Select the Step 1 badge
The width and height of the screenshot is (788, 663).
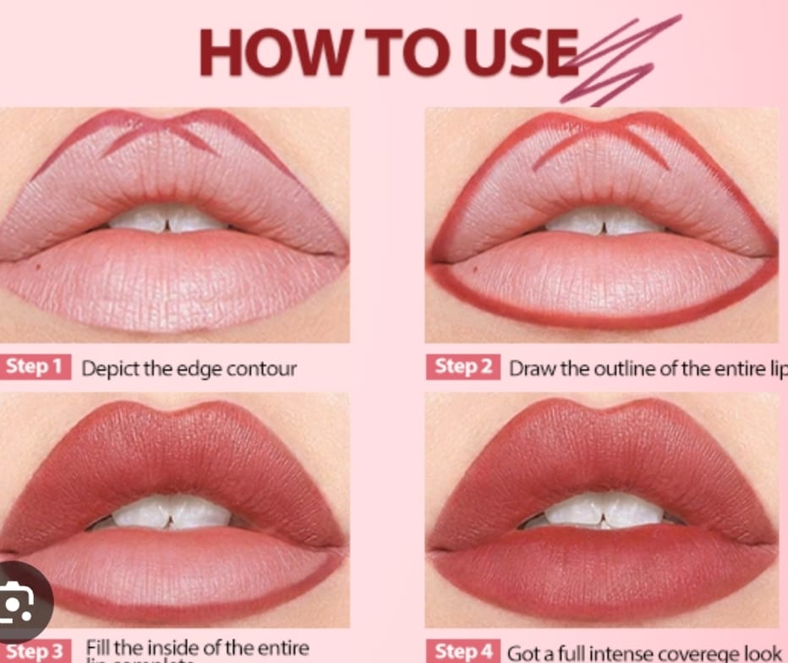coord(35,367)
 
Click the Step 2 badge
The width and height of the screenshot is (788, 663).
coord(463,367)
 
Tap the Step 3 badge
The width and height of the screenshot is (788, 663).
coord(35,651)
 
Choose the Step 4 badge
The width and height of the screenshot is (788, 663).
coord(463,651)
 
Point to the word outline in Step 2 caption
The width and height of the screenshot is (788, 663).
coord(605,369)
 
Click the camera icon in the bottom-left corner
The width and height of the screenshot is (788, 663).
coord(19,602)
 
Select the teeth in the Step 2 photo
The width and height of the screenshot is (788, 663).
coord(602,221)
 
